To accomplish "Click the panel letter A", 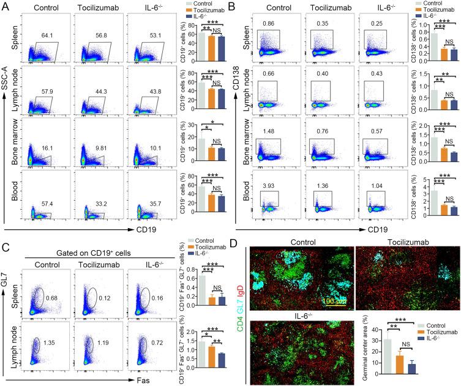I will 6,7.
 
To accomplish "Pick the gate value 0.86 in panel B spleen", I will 267,24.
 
